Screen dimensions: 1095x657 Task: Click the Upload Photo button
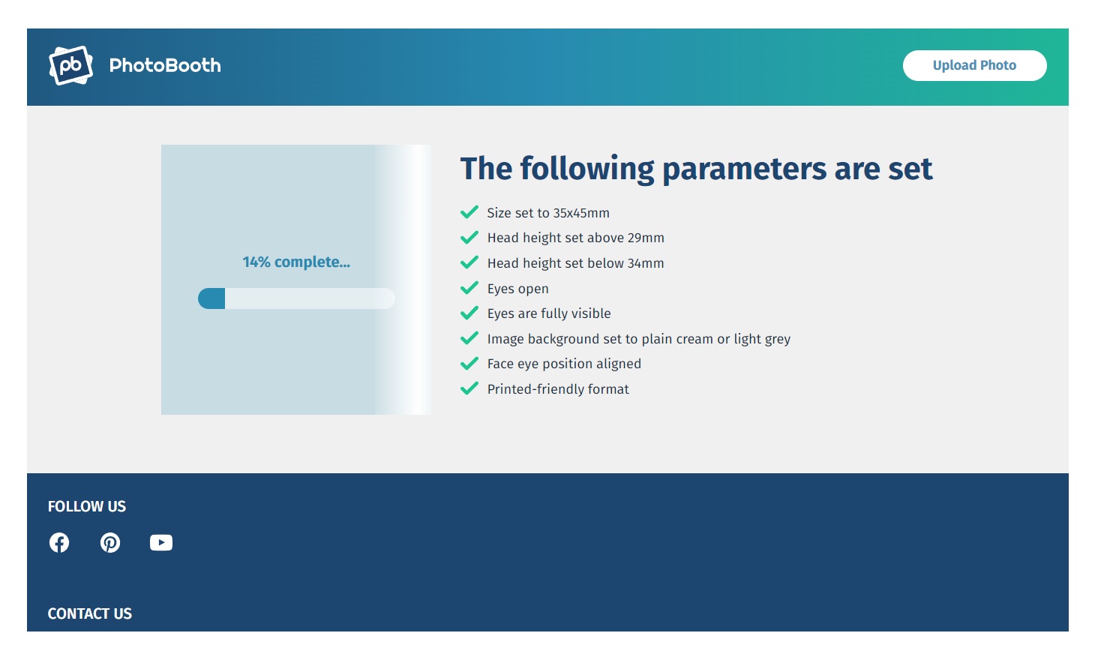(974, 65)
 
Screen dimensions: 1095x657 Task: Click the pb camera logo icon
(71, 65)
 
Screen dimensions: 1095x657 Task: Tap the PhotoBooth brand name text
(165, 65)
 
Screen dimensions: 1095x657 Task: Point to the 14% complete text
(296, 262)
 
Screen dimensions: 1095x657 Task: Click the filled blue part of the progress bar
(211, 298)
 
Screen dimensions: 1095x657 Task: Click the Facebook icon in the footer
(59, 542)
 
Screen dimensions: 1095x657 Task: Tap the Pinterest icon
(110, 542)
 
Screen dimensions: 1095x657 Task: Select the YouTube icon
(161, 542)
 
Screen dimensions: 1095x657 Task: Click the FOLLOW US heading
(87, 506)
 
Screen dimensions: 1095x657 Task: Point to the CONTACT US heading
(90, 613)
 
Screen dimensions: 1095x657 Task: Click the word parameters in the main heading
(745, 169)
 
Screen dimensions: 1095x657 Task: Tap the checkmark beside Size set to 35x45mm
(469, 212)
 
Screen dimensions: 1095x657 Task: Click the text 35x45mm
(581, 213)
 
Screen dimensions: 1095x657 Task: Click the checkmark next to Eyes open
(469, 288)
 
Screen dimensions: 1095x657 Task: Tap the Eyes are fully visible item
(549, 313)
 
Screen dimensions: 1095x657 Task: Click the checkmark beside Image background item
(469, 338)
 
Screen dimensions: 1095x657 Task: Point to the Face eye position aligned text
(564, 364)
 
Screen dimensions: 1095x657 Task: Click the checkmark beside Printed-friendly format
(469, 388)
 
